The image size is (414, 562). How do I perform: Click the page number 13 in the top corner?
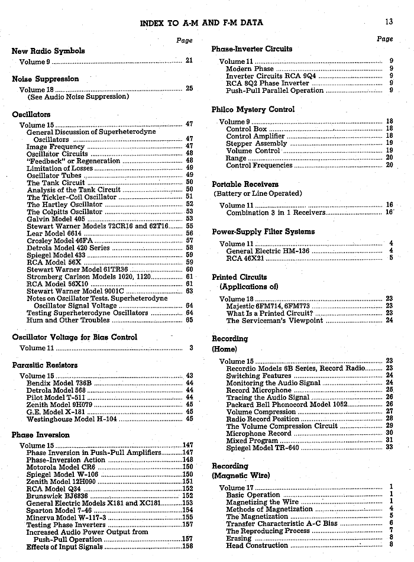(x=389, y=22)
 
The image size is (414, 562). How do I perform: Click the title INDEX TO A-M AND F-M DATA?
(x=202, y=23)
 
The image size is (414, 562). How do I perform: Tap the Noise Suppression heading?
(x=45, y=79)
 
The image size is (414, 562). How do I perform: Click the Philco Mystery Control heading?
(x=253, y=109)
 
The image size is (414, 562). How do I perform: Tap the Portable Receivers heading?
(x=245, y=184)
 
